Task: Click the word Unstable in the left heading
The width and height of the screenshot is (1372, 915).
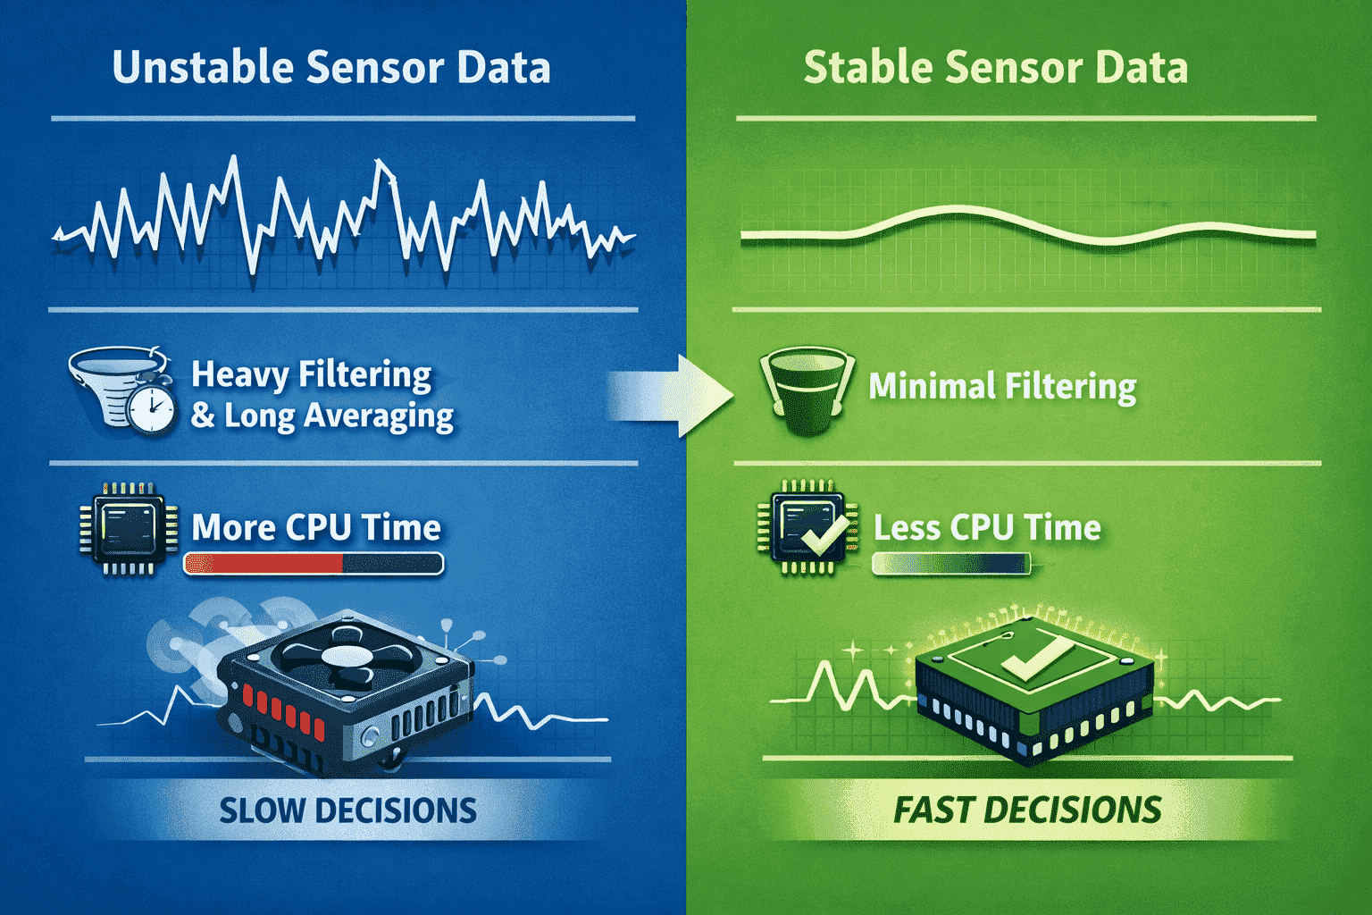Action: (x=203, y=67)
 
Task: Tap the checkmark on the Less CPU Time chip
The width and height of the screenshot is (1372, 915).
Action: (x=824, y=533)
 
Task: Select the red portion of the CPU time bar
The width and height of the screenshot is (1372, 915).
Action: (x=264, y=564)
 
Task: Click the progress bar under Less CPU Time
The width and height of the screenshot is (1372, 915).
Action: (x=950, y=564)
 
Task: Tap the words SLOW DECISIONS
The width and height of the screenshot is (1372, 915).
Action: (x=347, y=810)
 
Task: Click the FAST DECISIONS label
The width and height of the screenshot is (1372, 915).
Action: (x=1027, y=810)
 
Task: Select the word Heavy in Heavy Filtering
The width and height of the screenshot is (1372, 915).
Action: (x=239, y=375)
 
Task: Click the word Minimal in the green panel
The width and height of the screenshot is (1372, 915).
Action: (x=932, y=385)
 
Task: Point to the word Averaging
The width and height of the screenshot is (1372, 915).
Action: (x=379, y=416)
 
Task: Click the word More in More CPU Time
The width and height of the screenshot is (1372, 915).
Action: (x=233, y=527)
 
